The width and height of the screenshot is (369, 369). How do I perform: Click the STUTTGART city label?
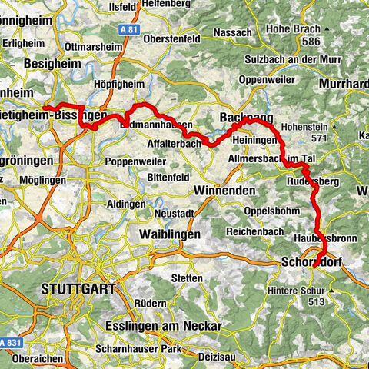pos(76,289)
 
